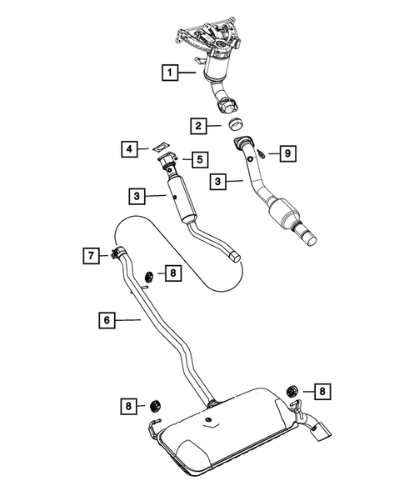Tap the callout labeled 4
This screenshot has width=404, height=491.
tap(130, 148)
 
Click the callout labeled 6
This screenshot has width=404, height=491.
tap(107, 319)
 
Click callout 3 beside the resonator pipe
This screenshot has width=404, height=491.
tap(137, 197)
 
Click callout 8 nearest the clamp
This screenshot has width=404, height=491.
tap(172, 273)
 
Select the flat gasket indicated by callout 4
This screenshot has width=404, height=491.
tap(161, 147)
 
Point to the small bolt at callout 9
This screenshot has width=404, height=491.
tap(262, 153)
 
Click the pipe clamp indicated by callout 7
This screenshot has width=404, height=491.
tap(117, 255)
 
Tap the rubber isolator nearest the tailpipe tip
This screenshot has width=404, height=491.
tap(293, 389)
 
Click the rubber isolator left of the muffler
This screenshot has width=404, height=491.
tap(154, 406)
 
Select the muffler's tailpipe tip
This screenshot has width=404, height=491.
tap(322, 430)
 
